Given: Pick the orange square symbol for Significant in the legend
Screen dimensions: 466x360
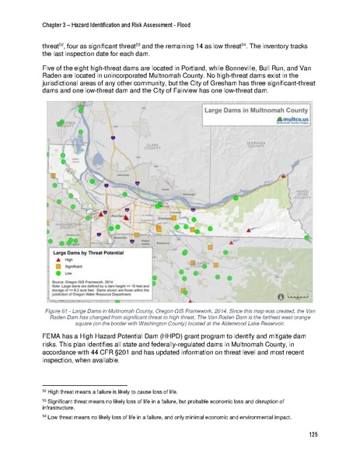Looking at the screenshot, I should point(58,267).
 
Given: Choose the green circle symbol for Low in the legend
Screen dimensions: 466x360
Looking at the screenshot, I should point(58,274).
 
